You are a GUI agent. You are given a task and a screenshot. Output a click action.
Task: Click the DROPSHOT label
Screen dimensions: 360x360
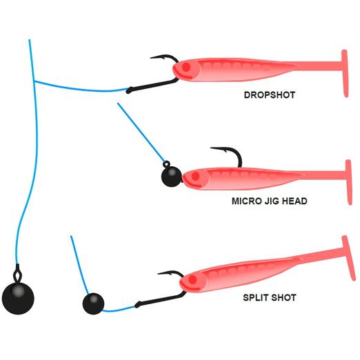270,95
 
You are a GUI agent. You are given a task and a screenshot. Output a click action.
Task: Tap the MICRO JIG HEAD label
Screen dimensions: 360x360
270,201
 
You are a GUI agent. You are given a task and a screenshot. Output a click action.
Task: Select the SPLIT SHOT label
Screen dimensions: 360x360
270,298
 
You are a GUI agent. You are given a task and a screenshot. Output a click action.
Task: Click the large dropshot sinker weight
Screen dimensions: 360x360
18,298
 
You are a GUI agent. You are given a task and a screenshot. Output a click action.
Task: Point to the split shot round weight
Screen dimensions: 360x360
93,303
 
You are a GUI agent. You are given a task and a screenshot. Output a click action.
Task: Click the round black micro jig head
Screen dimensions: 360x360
172,177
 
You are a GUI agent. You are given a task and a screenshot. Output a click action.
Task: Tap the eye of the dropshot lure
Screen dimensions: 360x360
186,67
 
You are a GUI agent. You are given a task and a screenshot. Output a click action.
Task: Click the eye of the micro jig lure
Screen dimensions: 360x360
195,177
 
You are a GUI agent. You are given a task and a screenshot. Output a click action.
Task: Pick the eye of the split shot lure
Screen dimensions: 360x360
192,280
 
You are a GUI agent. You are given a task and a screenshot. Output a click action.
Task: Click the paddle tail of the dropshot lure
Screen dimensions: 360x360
344,74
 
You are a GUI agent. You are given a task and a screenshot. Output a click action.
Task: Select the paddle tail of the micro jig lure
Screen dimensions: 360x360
349,182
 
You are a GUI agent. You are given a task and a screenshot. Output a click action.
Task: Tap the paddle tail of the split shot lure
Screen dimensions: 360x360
348,258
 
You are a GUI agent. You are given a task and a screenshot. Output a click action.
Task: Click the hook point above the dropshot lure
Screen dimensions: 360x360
151,58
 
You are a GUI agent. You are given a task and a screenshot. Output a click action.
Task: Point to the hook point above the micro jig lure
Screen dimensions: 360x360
211,148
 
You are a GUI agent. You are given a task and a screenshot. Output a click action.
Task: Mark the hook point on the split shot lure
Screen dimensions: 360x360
159,274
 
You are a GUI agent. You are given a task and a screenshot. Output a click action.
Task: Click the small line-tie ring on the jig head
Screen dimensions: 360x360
166,164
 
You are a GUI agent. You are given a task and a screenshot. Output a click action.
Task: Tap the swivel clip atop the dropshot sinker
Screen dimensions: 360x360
17,273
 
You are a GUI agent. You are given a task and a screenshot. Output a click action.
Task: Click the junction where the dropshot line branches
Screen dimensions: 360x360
34,81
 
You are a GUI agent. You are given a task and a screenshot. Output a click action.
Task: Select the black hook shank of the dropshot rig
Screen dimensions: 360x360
152,86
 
